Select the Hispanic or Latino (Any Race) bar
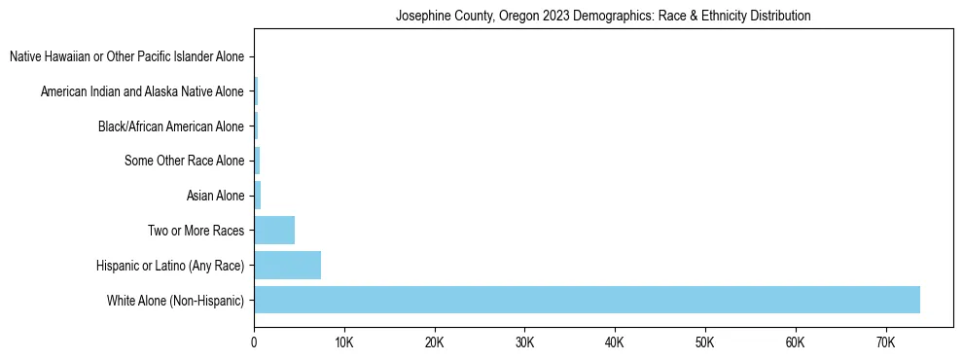click(x=288, y=266)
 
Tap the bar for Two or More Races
click(x=274, y=231)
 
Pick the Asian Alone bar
click(x=258, y=196)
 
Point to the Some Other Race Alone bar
click(x=257, y=161)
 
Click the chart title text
click(x=603, y=16)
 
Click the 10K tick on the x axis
click(x=344, y=343)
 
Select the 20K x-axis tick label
click(x=434, y=343)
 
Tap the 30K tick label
click(x=524, y=343)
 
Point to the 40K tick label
click(x=615, y=343)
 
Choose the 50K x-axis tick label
click(x=704, y=343)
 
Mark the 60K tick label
click(x=795, y=343)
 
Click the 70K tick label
click(x=885, y=343)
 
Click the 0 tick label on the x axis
click(x=254, y=343)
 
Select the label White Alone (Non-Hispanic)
click(x=176, y=301)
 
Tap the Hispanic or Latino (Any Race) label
click(x=170, y=266)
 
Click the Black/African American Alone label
click(x=171, y=126)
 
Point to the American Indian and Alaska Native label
click(x=142, y=91)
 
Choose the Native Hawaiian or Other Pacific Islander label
click(x=126, y=56)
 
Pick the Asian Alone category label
click(x=215, y=197)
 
